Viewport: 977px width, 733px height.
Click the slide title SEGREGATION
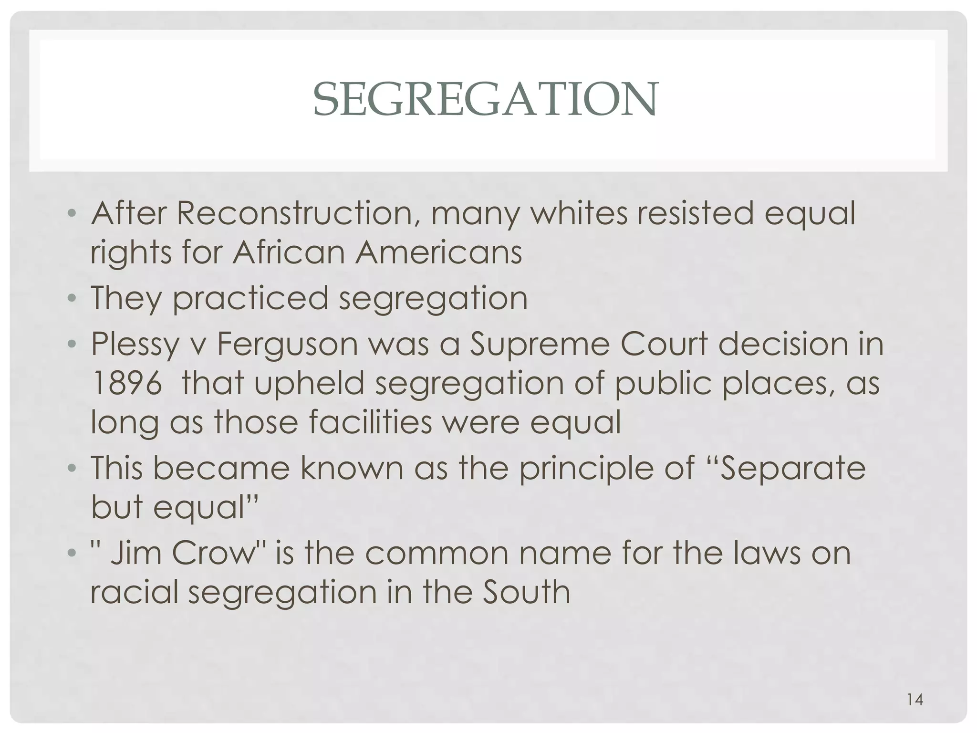(485, 100)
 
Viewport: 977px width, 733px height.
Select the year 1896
(126, 383)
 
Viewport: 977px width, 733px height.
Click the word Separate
(792, 468)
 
